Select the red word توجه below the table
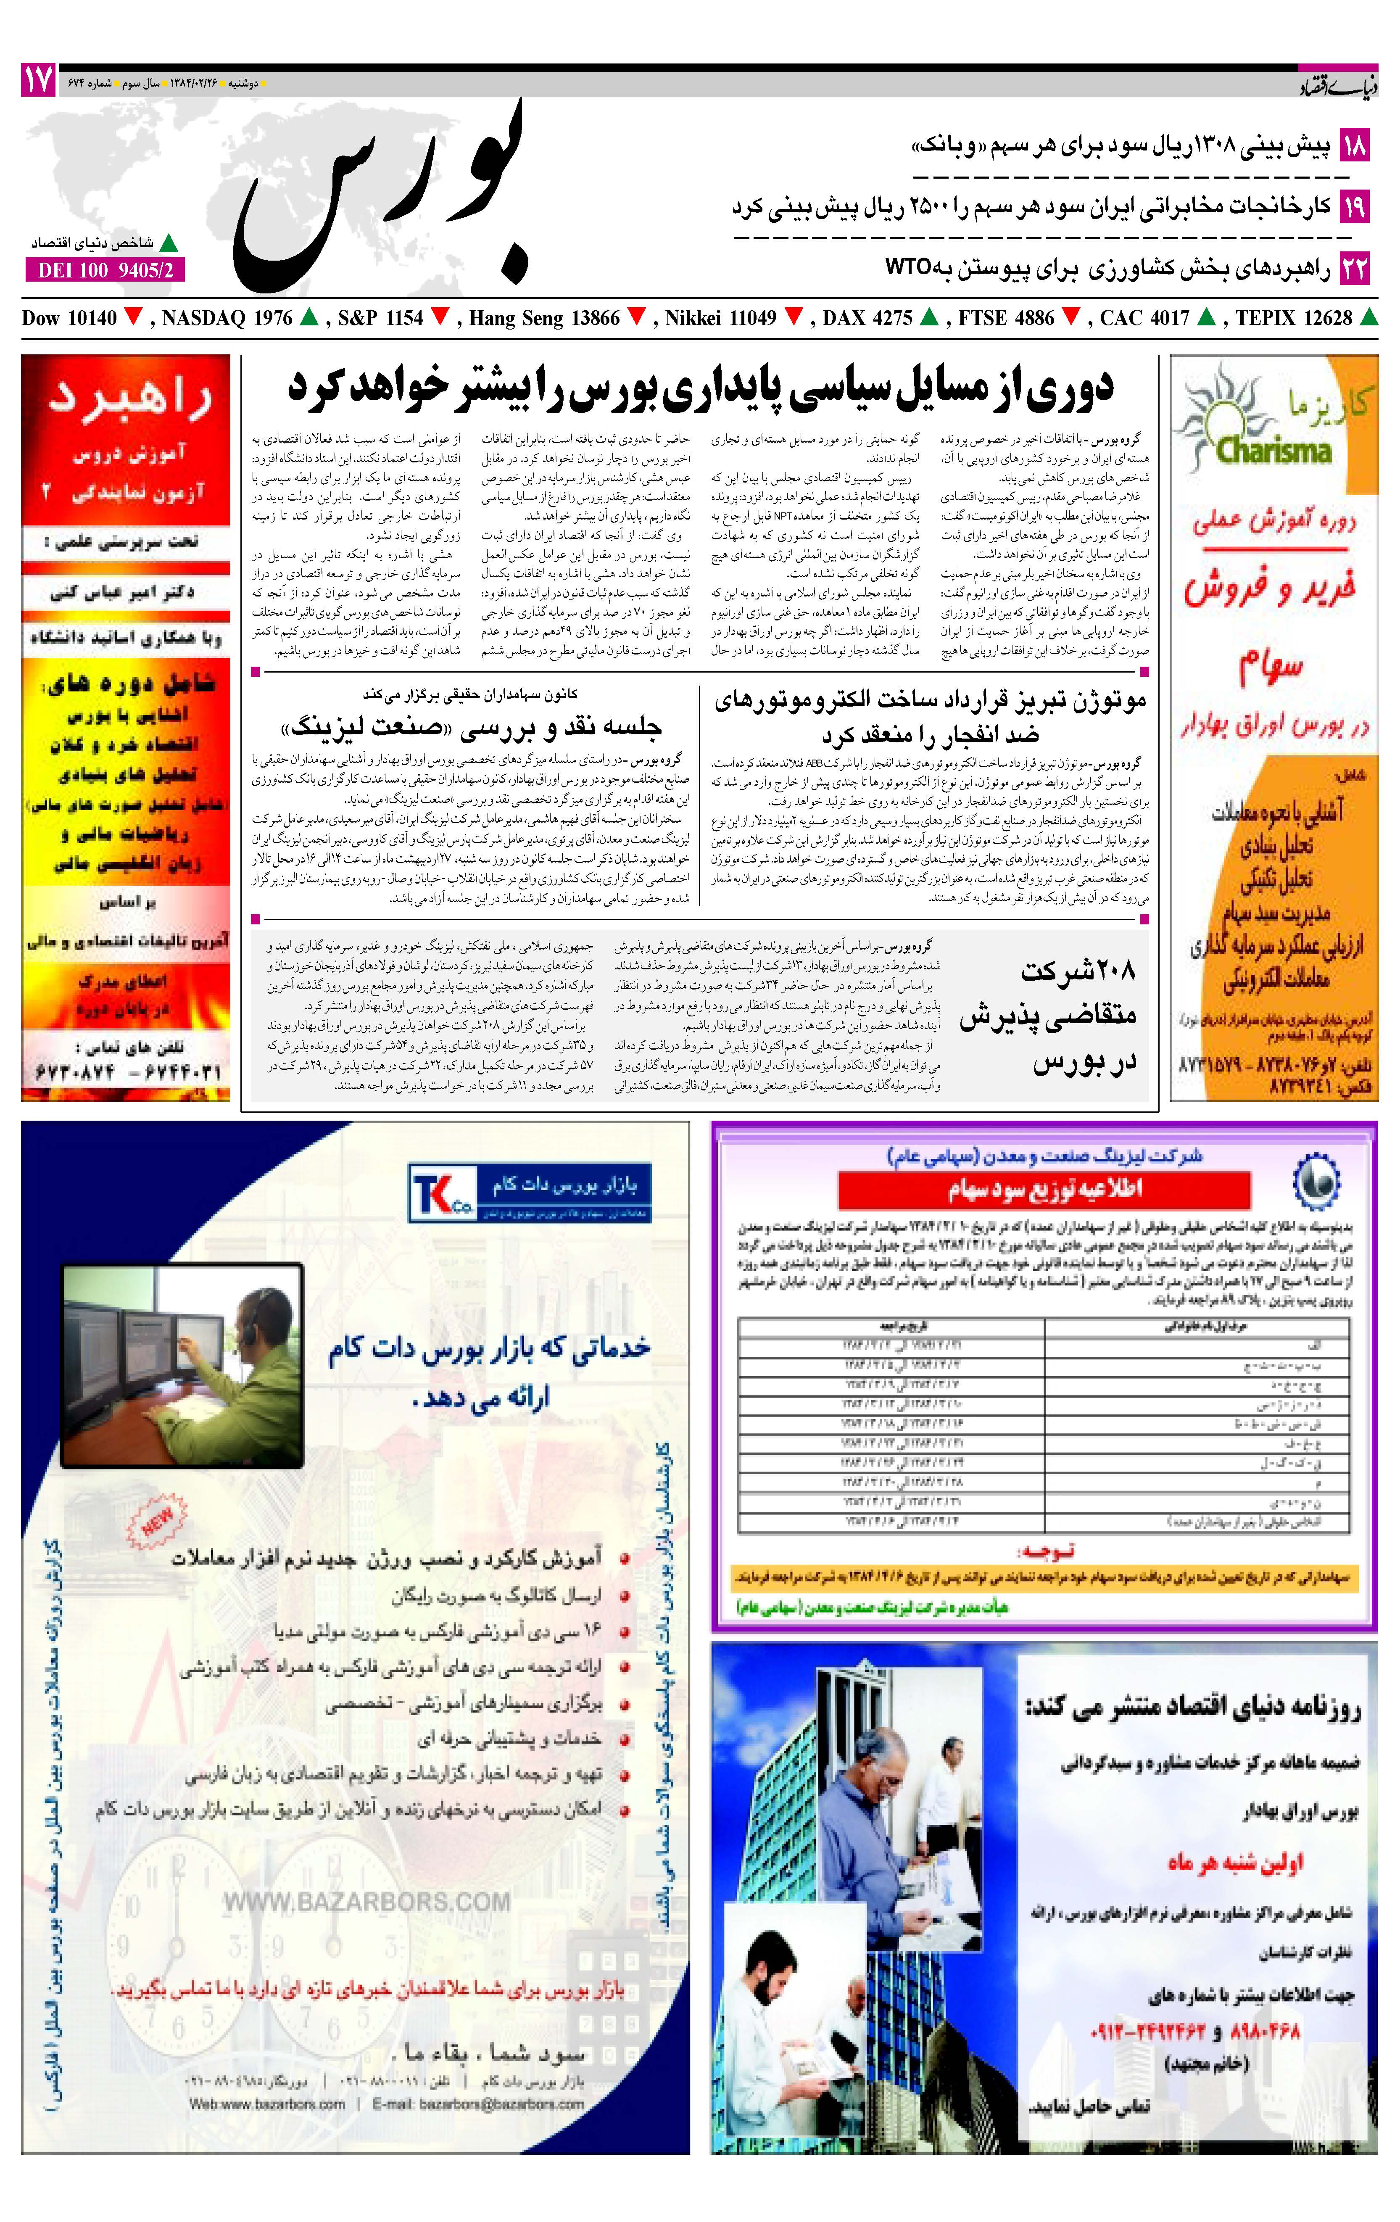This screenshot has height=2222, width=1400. pos(1044,1551)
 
